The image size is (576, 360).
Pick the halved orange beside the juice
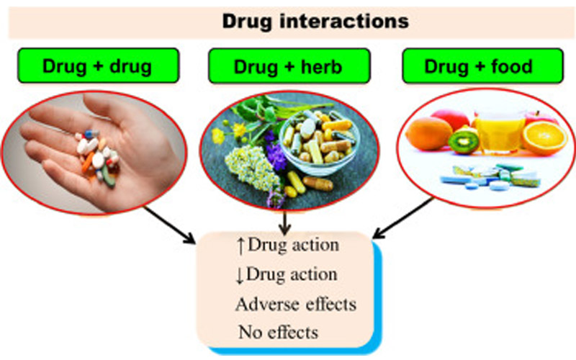coord(544,137)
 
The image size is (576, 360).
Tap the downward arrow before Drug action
coord(240,275)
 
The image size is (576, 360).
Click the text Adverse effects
coord(295,304)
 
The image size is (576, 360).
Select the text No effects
coord(278,333)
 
